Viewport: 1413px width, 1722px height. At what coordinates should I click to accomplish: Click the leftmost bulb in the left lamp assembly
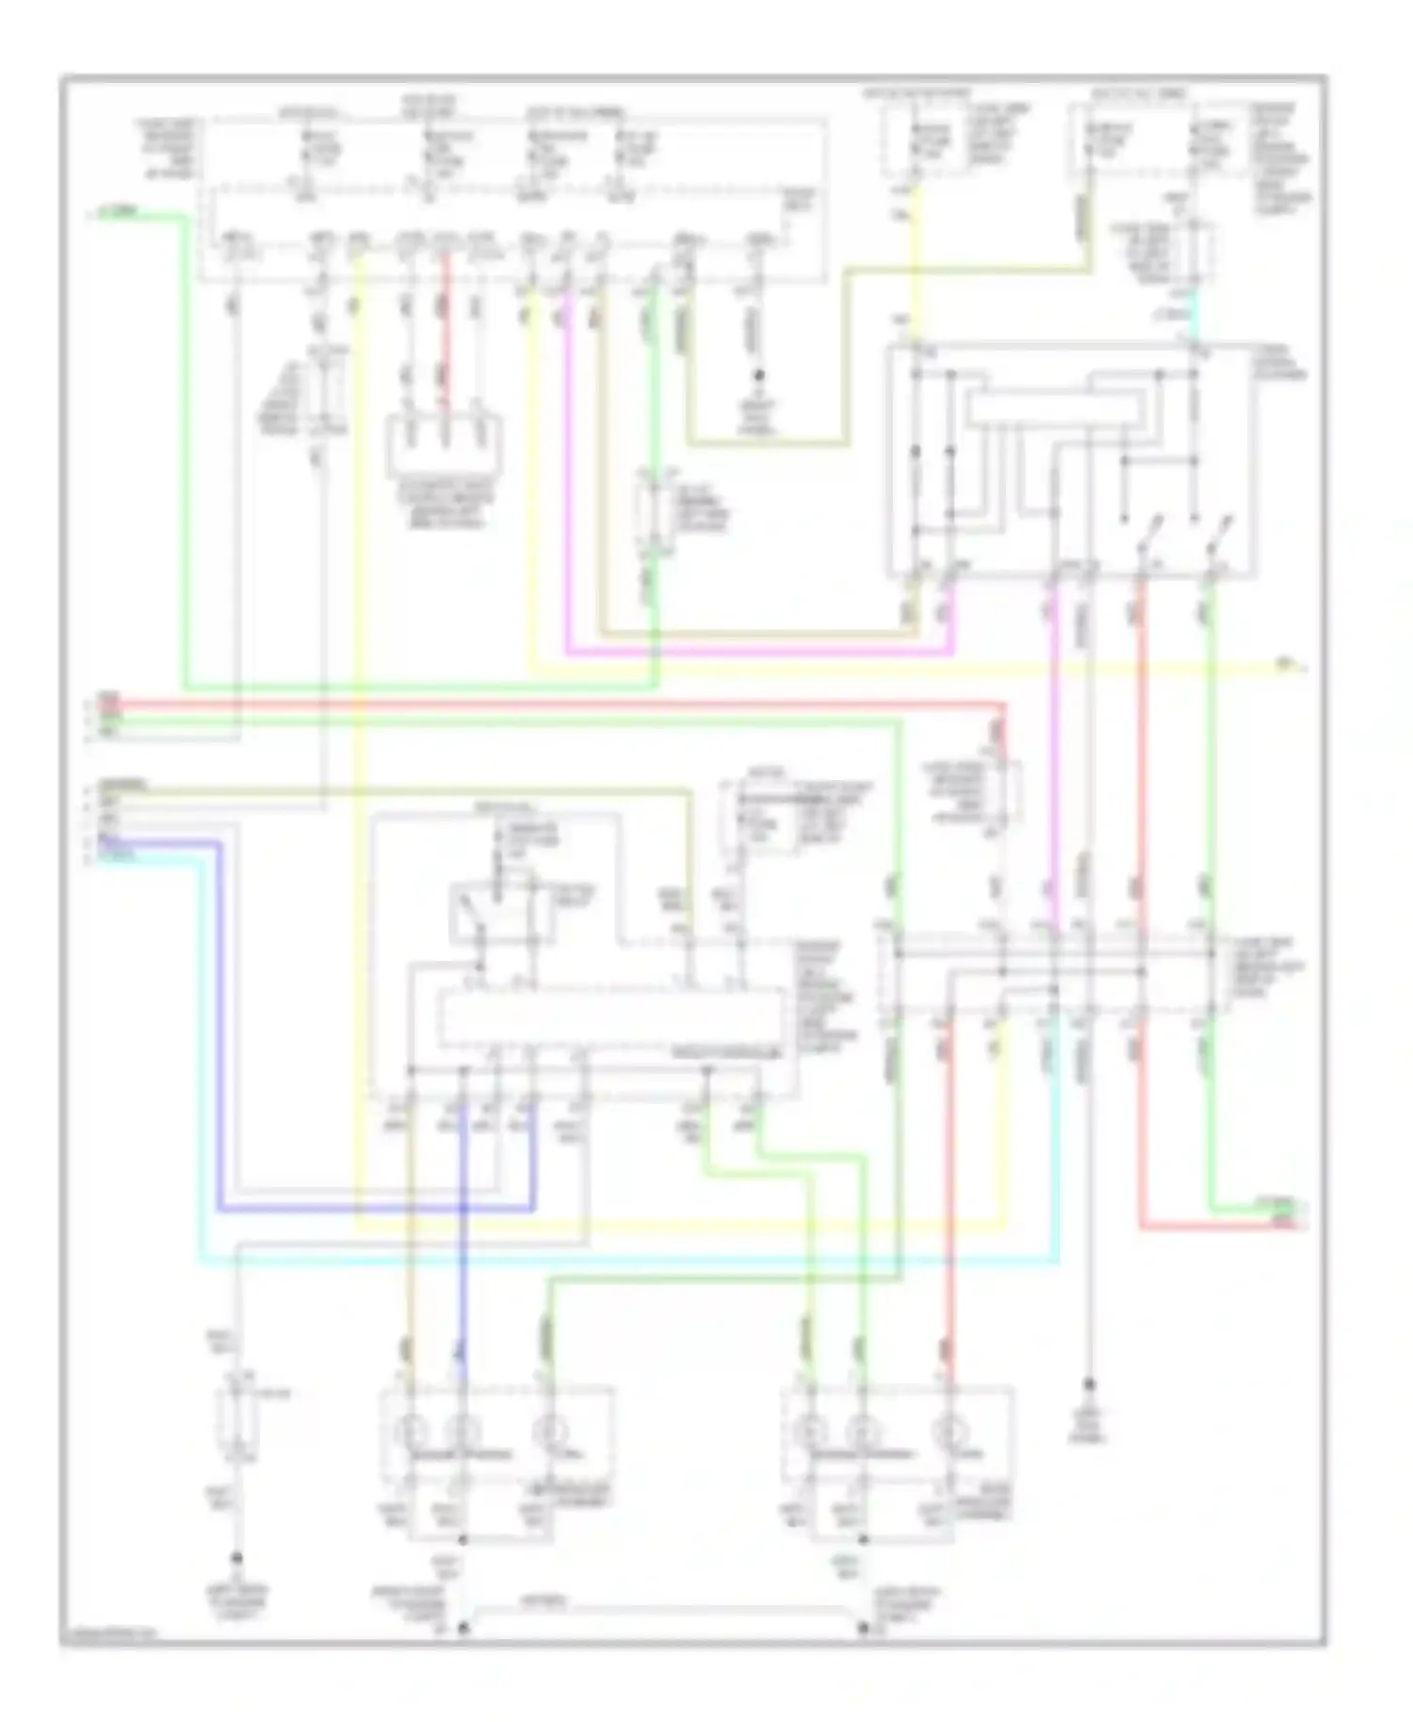[410, 1432]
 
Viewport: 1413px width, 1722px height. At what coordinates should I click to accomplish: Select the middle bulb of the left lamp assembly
[461, 1432]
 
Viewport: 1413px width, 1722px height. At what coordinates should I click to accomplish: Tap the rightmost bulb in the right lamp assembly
[949, 1432]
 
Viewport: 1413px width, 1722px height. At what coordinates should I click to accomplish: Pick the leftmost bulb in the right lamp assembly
[808, 1432]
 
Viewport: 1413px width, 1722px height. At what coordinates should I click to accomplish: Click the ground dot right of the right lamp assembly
[1090, 1384]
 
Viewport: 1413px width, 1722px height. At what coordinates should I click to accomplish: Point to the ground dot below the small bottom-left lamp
[237, 1558]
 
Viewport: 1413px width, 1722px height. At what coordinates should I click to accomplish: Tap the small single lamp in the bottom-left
[237, 1427]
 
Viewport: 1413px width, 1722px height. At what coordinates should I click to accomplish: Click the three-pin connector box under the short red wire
[444, 447]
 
